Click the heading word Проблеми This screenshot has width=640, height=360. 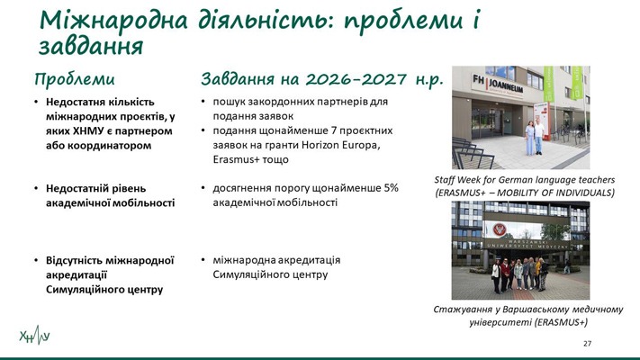(x=75, y=79)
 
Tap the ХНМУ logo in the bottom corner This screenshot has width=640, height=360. (x=35, y=336)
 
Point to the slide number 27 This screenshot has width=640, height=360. (x=588, y=344)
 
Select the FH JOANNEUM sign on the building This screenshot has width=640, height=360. (x=497, y=84)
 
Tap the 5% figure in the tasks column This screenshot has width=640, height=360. (x=391, y=188)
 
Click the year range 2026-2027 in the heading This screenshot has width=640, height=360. (x=356, y=79)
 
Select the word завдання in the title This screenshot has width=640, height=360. (x=91, y=46)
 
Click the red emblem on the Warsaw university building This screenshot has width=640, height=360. (x=500, y=229)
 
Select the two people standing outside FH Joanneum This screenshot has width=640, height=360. (x=535, y=137)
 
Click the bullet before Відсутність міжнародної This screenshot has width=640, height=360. (x=36, y=260)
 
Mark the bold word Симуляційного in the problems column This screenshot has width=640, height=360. (x=77, y=290)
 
